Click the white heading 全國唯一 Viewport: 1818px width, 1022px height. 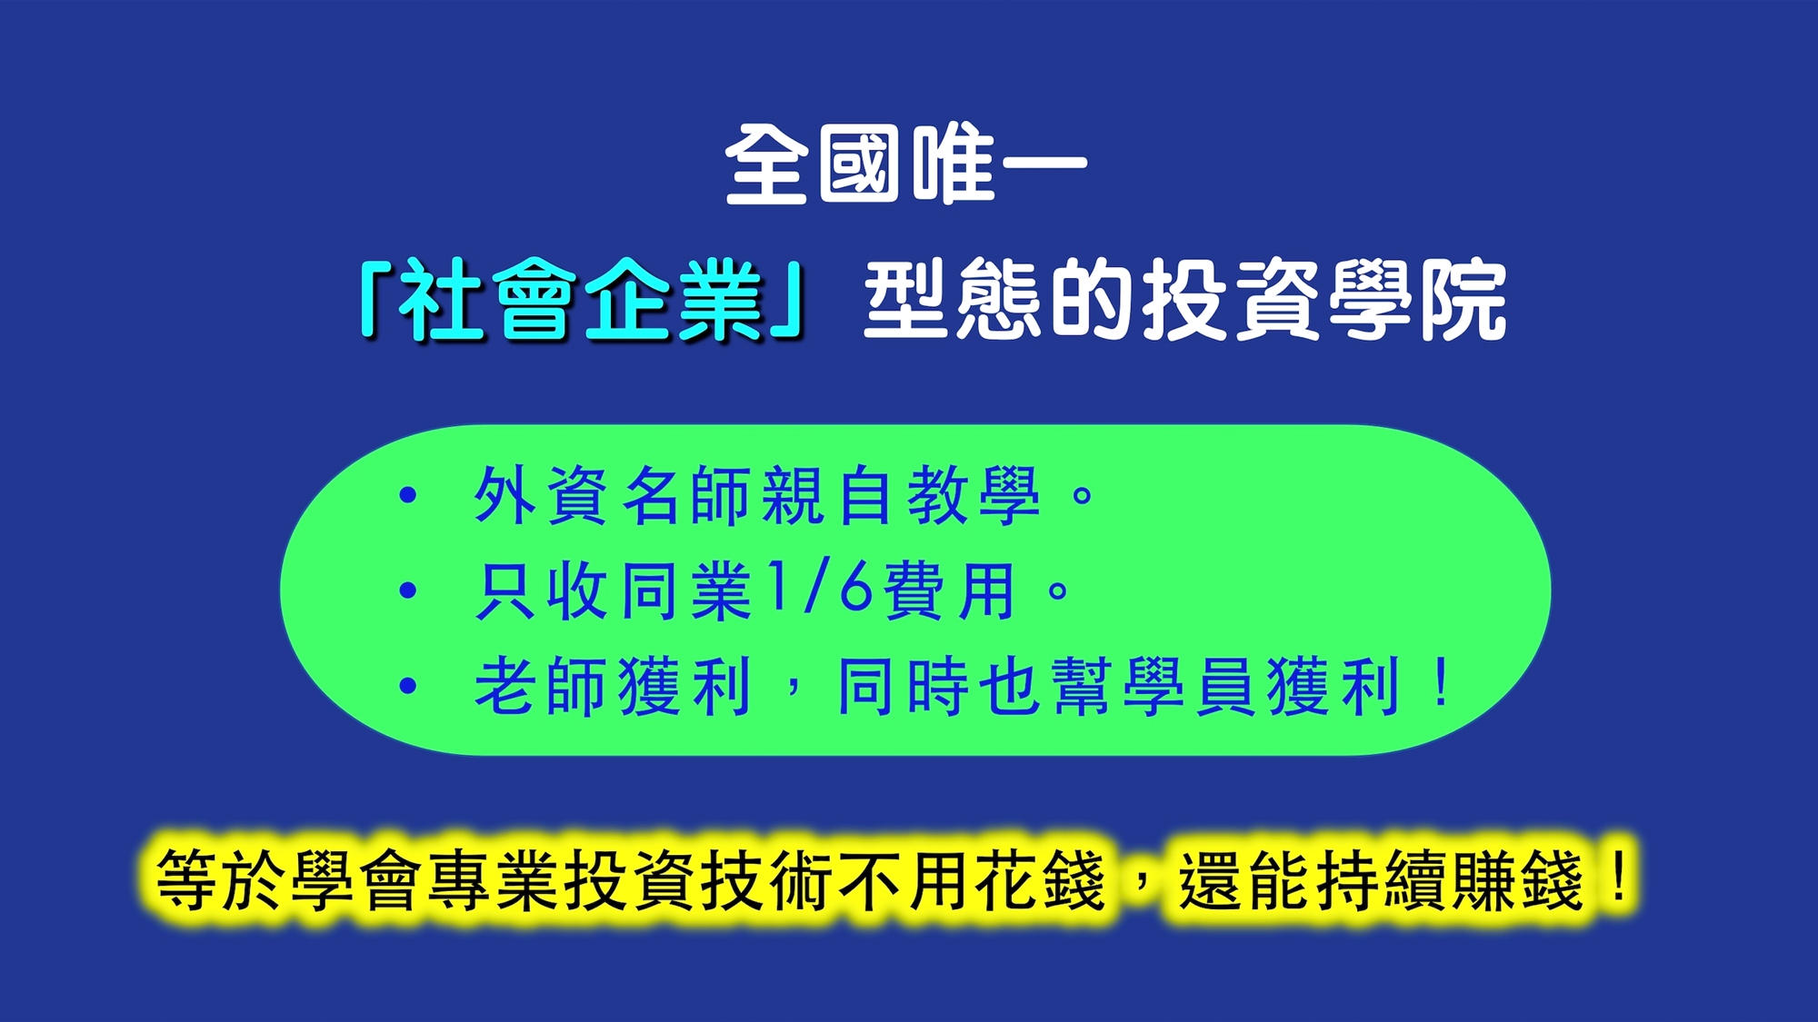pyautogui.click(x=906, y=164)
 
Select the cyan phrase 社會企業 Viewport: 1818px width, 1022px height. pyautogui.click(x=582, y=300)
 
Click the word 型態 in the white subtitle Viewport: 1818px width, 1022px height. pyautogui.click(x=953, y=300)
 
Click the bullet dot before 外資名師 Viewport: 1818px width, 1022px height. pyautogui.click(x=408, y=495)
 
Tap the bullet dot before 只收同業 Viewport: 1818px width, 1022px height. pyautogui.click(x=408, y=590)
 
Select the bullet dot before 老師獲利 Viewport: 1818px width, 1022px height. pyautogui.click(x=408, y=686)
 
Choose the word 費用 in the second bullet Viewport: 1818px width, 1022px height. pyautogui.click(x=949, y=590)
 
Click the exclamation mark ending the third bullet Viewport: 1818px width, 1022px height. pyautogui.click(x=1441, y=683)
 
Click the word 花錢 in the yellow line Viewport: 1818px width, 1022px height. pyautogui.click(x=1040, y=879)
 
